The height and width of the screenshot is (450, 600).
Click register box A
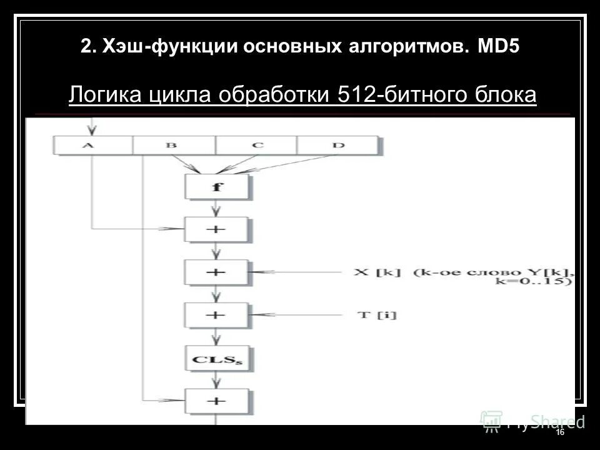93,146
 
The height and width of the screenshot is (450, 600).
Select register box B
173,146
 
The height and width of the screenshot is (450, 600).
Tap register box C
256,146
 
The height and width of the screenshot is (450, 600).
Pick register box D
338,146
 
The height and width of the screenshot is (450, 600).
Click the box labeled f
216,186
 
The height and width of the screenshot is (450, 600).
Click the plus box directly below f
216,229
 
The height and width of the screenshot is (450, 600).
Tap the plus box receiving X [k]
216,272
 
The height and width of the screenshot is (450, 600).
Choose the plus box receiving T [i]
216,315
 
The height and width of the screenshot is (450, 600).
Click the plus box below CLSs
216,401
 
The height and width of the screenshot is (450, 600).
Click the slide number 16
559,432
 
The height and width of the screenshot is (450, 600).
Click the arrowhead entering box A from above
93,131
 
